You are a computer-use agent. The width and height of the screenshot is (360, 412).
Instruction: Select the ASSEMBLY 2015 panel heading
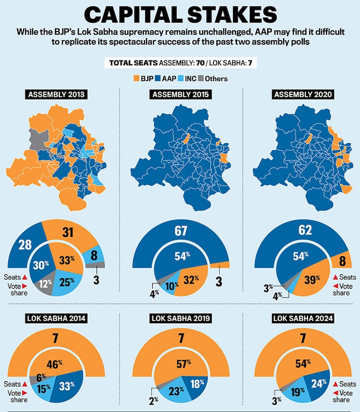[180, 95]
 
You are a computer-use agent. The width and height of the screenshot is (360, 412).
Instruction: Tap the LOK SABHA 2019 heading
[180, 318]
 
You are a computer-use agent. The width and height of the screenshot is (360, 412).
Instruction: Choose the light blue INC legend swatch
[180, 78]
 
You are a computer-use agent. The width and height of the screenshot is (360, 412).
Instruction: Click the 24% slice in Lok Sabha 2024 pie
[319, 383]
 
